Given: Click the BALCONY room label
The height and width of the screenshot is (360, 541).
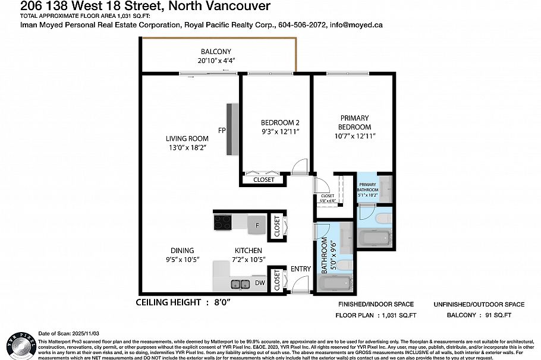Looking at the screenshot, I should click(215, 51).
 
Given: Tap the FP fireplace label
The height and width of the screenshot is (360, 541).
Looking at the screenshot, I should click(221, 130).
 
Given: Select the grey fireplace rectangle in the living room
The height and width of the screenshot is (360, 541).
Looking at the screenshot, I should click(231, 130).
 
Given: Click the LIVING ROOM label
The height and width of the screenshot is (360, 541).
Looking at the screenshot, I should click(187, 138).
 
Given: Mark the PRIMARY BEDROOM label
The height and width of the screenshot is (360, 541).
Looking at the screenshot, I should click(354, 122).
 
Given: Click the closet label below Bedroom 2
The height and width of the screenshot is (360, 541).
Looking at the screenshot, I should click(264, 179).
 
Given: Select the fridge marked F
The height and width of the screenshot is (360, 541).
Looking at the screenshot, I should click(257, 225).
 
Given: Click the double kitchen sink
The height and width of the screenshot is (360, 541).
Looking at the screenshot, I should click(240, 284).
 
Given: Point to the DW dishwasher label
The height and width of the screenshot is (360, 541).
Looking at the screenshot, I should click(259, 283).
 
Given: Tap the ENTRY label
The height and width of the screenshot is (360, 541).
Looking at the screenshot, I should click(300, 269).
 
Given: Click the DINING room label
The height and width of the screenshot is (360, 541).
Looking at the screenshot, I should click(181, 251).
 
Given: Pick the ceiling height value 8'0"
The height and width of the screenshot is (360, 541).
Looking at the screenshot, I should click(219, 302).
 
